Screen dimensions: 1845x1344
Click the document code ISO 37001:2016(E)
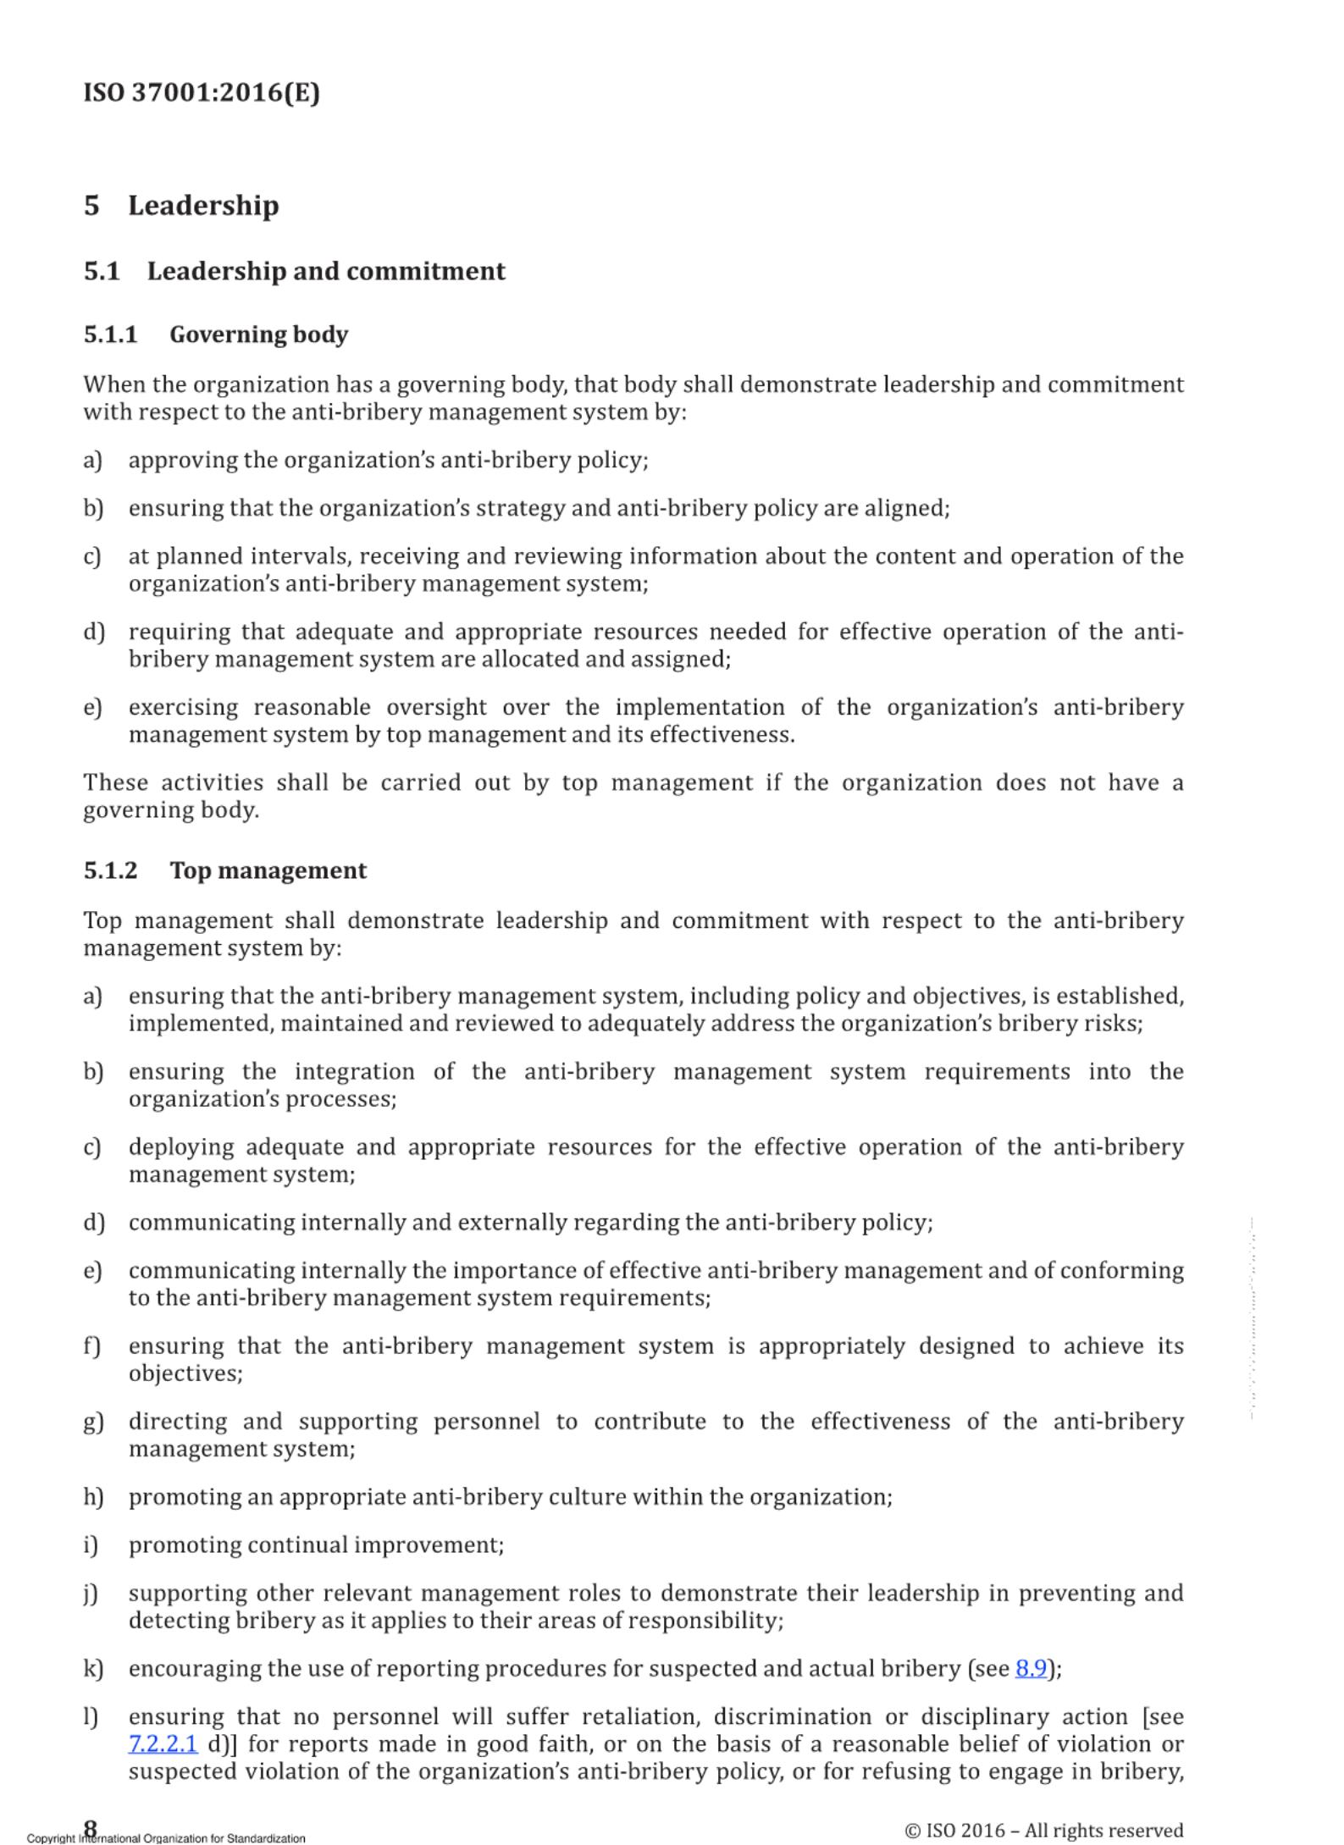(x=202, y=92)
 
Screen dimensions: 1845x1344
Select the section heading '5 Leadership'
(x=181, y=206)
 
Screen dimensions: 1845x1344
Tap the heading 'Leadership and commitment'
(x=326, y=271)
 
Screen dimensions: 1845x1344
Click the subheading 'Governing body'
(x=259, y=334)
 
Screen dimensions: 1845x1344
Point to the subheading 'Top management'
(x=268, y=870)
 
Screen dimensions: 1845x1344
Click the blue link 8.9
(x=1031, y=1668)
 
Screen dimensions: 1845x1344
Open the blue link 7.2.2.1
(x=163, y=1744)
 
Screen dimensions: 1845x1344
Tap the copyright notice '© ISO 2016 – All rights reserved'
(x=1043, y=1830)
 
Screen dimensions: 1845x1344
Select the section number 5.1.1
(x=110, y=334)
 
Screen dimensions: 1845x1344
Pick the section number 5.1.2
(x=110, y=870)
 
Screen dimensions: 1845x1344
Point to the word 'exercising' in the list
(x=183, y=707)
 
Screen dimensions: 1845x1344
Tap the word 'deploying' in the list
(x=181, y=1147)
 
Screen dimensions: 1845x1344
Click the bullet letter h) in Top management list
(x=93, y=1497)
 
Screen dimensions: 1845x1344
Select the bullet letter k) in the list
(x=93, y=1668)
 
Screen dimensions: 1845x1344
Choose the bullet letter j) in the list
(x=91, y=1594)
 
